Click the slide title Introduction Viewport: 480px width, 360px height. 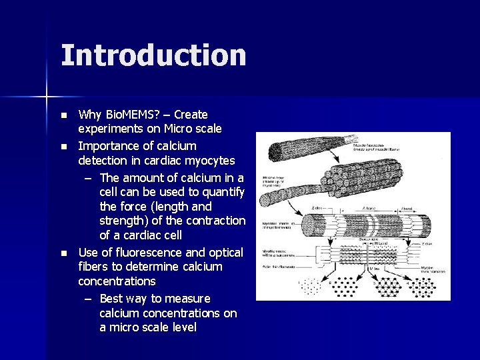[153, 55]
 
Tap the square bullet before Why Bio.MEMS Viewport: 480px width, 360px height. [64, 115]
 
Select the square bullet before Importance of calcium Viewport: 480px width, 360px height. [64, 146]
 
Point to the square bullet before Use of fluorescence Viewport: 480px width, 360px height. [64, 253]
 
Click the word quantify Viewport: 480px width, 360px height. [219, 191]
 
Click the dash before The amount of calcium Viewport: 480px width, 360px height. [89, 177]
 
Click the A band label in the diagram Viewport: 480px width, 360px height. [366, 209]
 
